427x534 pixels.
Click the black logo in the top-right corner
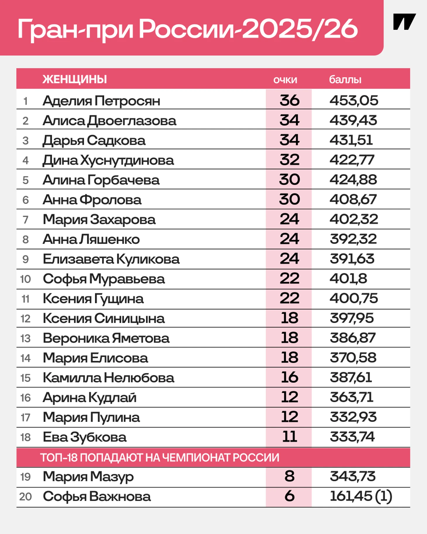(404, 22)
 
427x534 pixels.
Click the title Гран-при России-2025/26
(187, 29)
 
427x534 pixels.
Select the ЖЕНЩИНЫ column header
(75, 79)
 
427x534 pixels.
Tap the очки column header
(285, 80)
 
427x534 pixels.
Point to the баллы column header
(345, 80)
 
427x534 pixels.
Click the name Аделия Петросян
(101, 101)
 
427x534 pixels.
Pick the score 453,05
(354, 101)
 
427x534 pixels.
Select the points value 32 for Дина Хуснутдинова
(289, 160)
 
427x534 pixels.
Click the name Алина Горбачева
(101, 180)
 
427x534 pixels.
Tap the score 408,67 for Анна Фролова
(353, 200)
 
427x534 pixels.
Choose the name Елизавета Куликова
(111, 259)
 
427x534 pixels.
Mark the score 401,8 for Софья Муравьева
(348, 279)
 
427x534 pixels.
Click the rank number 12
(25, 319)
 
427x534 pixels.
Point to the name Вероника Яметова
(106, 339)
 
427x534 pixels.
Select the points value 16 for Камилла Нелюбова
(289, 377)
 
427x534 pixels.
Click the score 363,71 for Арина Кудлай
(351, 397)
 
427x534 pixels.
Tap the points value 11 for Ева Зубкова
(289, 437)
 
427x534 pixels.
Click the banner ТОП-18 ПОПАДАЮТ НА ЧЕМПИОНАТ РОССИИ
(159, 458)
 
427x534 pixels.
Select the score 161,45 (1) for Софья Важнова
(361, 497)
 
